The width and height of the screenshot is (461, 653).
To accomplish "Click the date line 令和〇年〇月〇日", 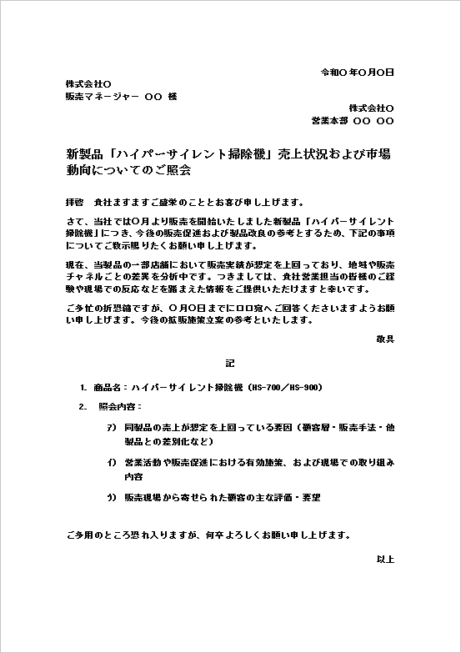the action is coord(357,73).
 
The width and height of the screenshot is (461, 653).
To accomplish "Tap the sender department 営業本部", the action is coord(328,121).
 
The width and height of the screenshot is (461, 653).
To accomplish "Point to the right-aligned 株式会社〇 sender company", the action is coord(371,108).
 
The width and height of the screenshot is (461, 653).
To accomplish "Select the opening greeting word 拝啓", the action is coord(74,203).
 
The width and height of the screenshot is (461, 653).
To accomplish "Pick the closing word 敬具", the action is coord(385,339).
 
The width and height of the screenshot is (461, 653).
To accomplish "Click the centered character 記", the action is coord(230,364).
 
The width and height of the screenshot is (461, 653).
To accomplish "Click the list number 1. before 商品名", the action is coord(83,388).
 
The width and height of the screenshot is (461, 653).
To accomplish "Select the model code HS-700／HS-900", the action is coord(287,388).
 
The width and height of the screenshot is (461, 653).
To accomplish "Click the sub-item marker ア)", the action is coord(111,426).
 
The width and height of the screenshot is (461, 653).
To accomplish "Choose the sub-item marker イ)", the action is coord(111,462).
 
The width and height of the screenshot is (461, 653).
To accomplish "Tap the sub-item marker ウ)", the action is coord(111,497).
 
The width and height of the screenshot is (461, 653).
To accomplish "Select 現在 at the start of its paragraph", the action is coord(73,264).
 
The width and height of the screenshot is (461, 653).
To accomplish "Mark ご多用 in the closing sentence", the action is coord(78,534).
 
